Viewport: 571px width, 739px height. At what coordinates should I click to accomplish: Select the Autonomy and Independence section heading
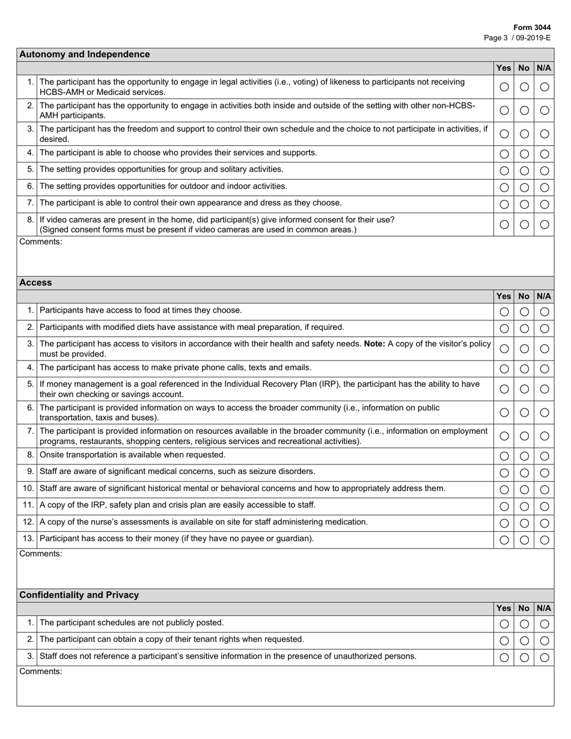[85, 54]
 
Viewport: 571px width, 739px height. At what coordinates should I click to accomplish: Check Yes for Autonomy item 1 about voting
[504, 87]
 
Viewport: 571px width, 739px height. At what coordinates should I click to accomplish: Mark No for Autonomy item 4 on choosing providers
[524, 154]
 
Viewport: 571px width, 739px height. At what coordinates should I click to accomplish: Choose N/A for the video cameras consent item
[545, 225]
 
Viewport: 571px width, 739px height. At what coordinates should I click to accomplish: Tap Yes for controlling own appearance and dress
[504, 204]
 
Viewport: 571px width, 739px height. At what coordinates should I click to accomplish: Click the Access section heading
[36, 282]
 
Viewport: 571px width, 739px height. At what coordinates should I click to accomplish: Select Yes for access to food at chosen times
[504, 312]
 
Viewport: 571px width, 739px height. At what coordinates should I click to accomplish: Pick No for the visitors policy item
[524, 348]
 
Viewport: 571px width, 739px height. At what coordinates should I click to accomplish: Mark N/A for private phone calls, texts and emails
[545, 369]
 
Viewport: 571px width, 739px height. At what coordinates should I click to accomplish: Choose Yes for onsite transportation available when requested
[504, 456]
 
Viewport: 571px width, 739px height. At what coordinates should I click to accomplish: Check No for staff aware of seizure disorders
[524, 473]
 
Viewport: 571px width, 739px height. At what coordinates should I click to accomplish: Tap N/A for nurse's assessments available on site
[545, 523]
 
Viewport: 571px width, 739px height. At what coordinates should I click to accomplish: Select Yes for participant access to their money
[504, 540]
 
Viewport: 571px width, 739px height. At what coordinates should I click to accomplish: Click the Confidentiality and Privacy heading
[79, 595]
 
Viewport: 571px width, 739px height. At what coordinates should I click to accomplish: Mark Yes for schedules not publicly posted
[504, 624]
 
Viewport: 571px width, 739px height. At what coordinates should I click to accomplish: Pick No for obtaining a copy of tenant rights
[524, 641]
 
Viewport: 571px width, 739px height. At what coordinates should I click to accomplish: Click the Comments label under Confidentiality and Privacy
[41, 672]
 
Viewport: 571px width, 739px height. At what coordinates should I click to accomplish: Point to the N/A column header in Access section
[544, 296]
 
